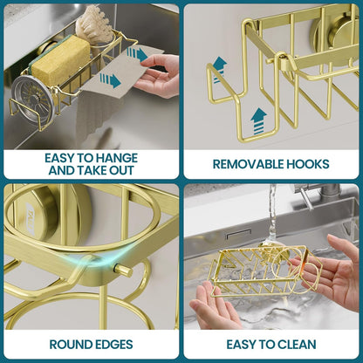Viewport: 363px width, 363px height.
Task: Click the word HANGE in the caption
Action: [x=117, y=158]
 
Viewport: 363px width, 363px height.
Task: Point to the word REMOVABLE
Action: [x=248, y=164]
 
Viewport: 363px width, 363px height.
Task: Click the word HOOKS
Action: [x=308, y=164]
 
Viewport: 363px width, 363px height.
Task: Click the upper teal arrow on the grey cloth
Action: [x=137, y=54]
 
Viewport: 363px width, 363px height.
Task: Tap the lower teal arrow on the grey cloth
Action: [x=110, y=80]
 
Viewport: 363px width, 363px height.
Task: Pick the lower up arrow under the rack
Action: [x=258, y=121]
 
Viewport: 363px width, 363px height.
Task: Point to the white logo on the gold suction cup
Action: [x=31, y=219]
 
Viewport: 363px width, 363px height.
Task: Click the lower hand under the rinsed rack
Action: [x=215, y=305]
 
